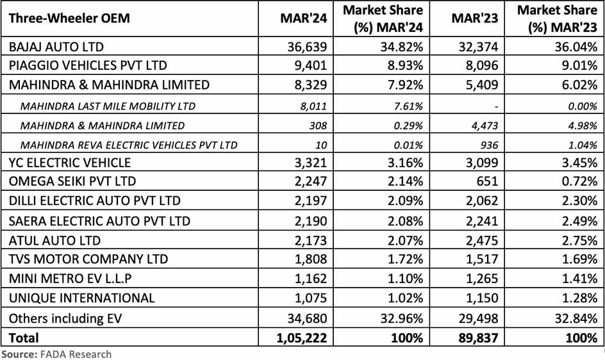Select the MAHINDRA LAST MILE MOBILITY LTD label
point(108,106)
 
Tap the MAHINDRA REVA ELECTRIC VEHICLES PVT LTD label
point(129,144)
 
